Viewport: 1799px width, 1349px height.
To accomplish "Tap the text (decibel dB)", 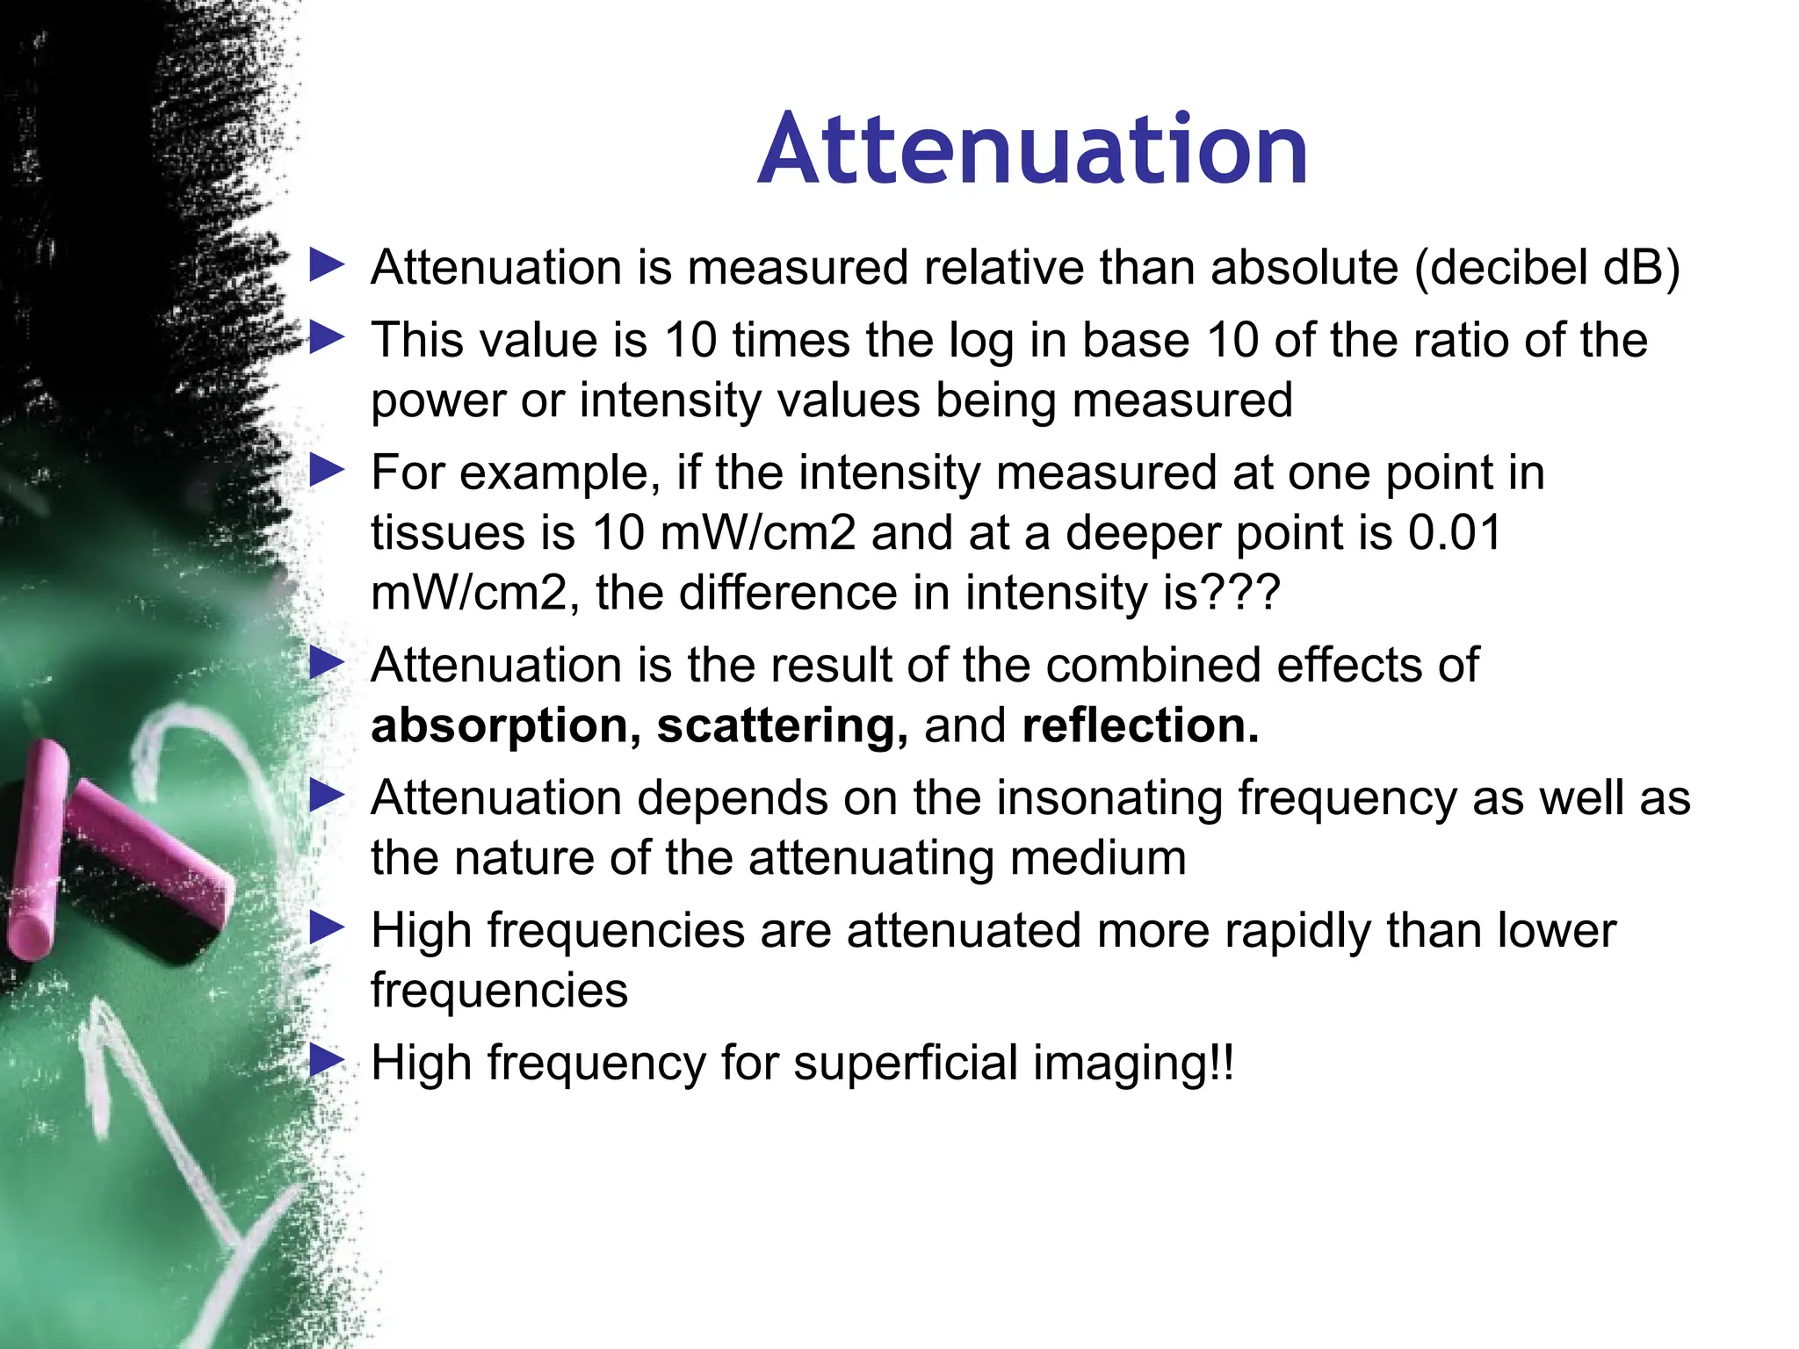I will [x=1547, y=267].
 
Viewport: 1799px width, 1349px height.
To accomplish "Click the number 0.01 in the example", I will [x=1455, y=533].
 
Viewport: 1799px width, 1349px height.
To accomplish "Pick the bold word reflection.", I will [x=1140, y=725].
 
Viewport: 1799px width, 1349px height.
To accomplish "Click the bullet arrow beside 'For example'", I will [x=328, y=472].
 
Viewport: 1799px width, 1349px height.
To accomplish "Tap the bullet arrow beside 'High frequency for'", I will [x=328, y=1061].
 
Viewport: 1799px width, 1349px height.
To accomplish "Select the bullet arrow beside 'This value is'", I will [x=328, y=339].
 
